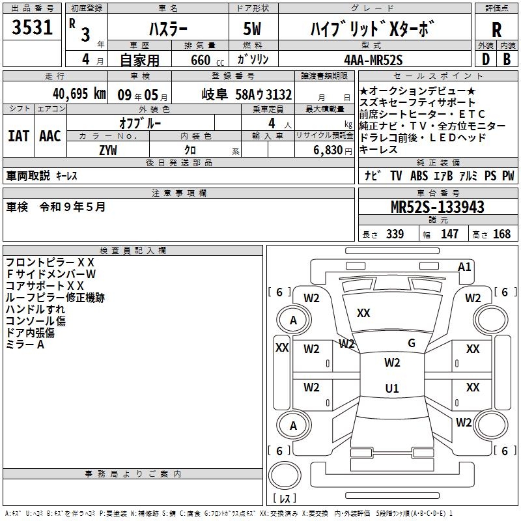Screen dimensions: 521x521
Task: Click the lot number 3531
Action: (32, 27)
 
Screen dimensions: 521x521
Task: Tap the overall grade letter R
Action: (496, 30)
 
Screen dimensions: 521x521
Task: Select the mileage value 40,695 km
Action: (79, 94)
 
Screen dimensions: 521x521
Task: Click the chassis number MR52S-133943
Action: (438, 207)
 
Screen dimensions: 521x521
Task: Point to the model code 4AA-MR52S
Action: (373, 60)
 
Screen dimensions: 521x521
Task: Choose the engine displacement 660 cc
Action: (207, 61)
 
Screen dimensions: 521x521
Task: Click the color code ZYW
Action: (108, 150)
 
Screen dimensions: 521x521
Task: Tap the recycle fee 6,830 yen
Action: (333, 150)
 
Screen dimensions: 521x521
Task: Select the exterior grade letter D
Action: (486, 60)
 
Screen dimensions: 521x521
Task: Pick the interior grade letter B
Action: (507, 60)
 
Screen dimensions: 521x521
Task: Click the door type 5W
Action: (252, 29)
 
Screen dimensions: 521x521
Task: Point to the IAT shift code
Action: (18, 136)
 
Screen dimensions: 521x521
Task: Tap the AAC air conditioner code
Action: (50, 136)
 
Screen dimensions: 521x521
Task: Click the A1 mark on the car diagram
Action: (464, 267)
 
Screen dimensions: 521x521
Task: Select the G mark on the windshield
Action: (412, 343)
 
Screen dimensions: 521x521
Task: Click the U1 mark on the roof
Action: (392, 388)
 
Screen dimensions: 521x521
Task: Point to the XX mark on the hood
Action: (363, 313)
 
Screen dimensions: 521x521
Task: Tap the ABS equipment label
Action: (419, 176)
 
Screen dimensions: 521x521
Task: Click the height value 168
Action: (501, 234)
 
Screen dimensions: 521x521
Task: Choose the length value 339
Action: (395, 234)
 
